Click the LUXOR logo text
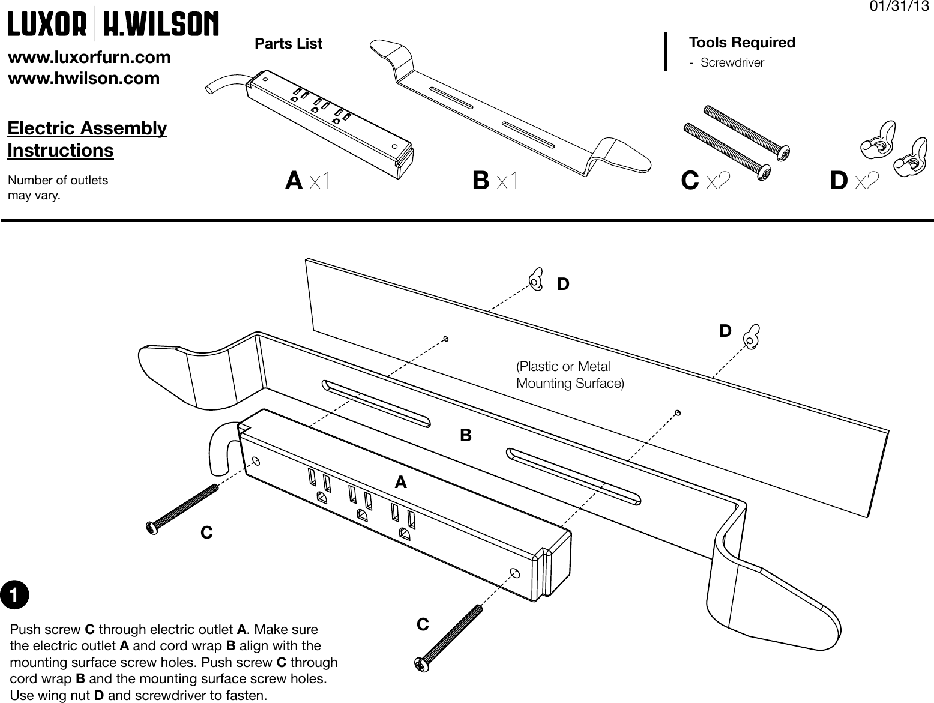click(47, 25)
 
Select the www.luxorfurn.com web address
click(89, 58)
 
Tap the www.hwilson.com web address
click(83, 79)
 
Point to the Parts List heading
click(288, 44)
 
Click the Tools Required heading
click(742, 43)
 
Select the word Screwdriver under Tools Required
click(732, 62)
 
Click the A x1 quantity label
click(307, 181)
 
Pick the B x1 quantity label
click(495, 181)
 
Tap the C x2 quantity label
click(706, 181)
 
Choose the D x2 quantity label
click(855, 181)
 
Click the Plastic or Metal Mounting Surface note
click(570, 375)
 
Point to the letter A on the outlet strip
click(400, 482)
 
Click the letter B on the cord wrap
click(466, 435)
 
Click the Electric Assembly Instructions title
click(87, 139)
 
